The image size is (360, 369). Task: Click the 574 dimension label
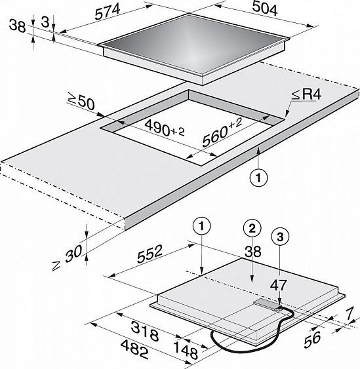(108, 12)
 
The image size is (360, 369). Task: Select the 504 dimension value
(265, 9)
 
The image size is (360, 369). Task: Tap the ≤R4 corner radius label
(306, 94)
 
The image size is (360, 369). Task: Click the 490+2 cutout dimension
(165, 128)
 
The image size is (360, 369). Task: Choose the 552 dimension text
(150, 254)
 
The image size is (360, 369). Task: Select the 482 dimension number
(134, 349)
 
